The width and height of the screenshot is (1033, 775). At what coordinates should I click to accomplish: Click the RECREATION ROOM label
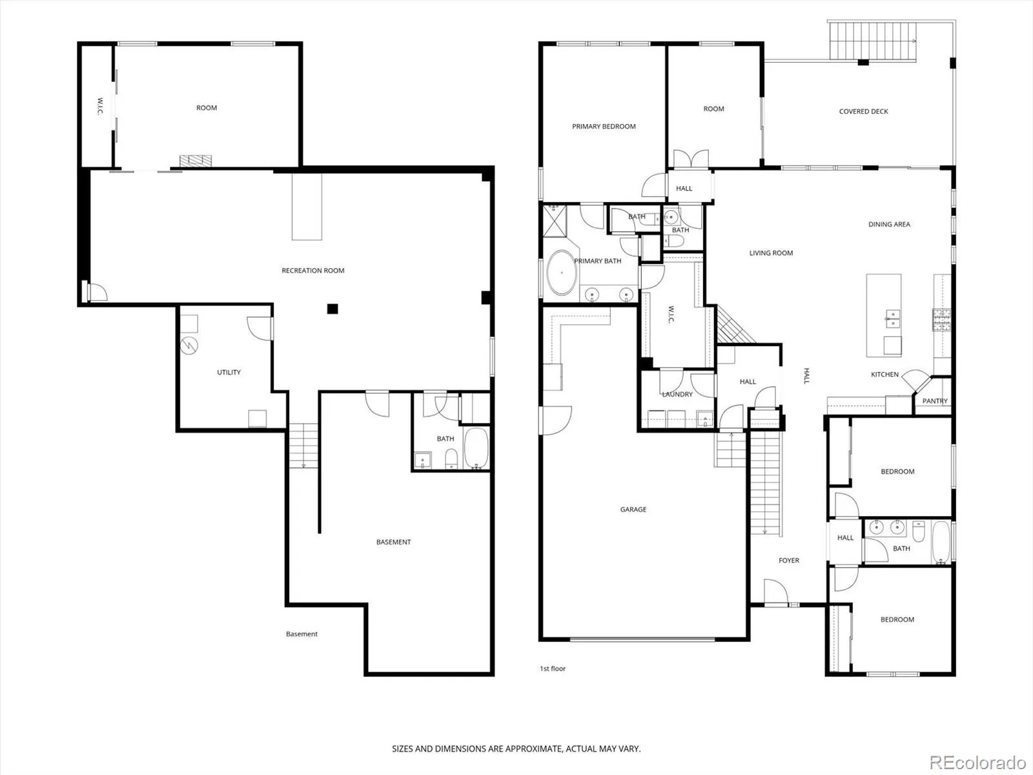313,271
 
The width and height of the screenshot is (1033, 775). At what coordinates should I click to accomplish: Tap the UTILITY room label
229,372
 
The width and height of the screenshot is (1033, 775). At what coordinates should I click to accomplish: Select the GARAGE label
633,509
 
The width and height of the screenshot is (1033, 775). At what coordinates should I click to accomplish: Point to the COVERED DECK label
864,112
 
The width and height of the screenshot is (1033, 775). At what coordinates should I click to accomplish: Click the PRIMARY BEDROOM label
604,126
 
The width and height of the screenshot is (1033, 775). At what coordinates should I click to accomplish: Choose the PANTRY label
935,401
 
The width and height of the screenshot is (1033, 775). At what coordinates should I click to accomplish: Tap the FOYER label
789,561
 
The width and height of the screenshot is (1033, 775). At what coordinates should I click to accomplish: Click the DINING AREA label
890,225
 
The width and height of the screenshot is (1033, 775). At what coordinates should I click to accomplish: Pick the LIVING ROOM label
771,253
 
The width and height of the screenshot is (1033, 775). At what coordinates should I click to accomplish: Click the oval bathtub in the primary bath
562,273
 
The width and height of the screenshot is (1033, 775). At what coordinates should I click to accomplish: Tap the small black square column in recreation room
332,309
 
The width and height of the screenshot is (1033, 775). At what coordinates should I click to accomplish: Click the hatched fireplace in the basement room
196,160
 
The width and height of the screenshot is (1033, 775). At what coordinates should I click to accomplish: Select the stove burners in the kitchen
942,320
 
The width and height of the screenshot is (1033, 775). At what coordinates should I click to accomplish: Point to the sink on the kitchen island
893,318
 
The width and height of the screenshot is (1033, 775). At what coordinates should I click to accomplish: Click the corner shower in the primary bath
555,221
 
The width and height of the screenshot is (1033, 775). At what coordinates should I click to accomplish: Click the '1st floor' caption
553,668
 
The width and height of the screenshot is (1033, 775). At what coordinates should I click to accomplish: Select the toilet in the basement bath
451,459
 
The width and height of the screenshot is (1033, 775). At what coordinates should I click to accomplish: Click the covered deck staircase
872,41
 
